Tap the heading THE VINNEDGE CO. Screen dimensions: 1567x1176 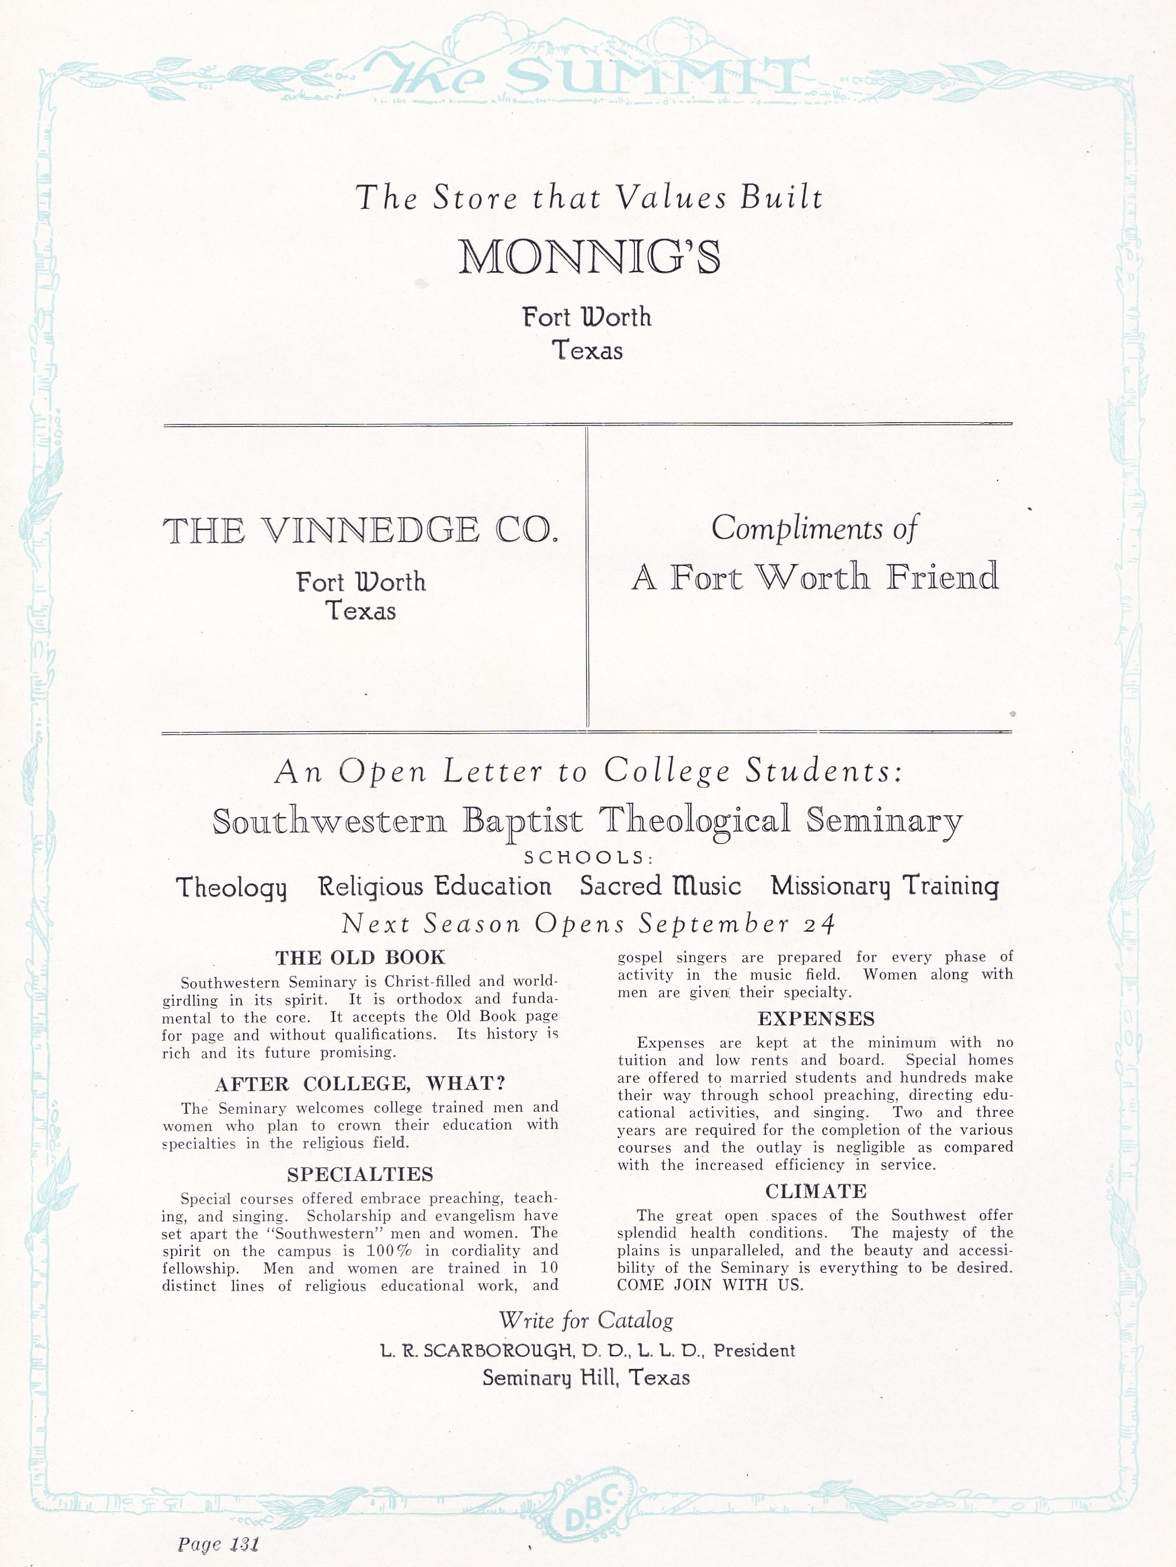point(360,531)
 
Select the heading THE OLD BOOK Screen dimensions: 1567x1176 point(360,958)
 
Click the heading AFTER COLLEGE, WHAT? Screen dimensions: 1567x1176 point(360,1084)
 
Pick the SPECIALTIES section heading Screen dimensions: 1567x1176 point(360,1175)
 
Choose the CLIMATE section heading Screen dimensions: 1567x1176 point(816,1192)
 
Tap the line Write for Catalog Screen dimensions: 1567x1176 point(586,1320)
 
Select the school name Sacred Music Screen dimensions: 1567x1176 point(660,886)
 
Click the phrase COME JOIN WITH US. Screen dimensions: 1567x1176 point(711,1285)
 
